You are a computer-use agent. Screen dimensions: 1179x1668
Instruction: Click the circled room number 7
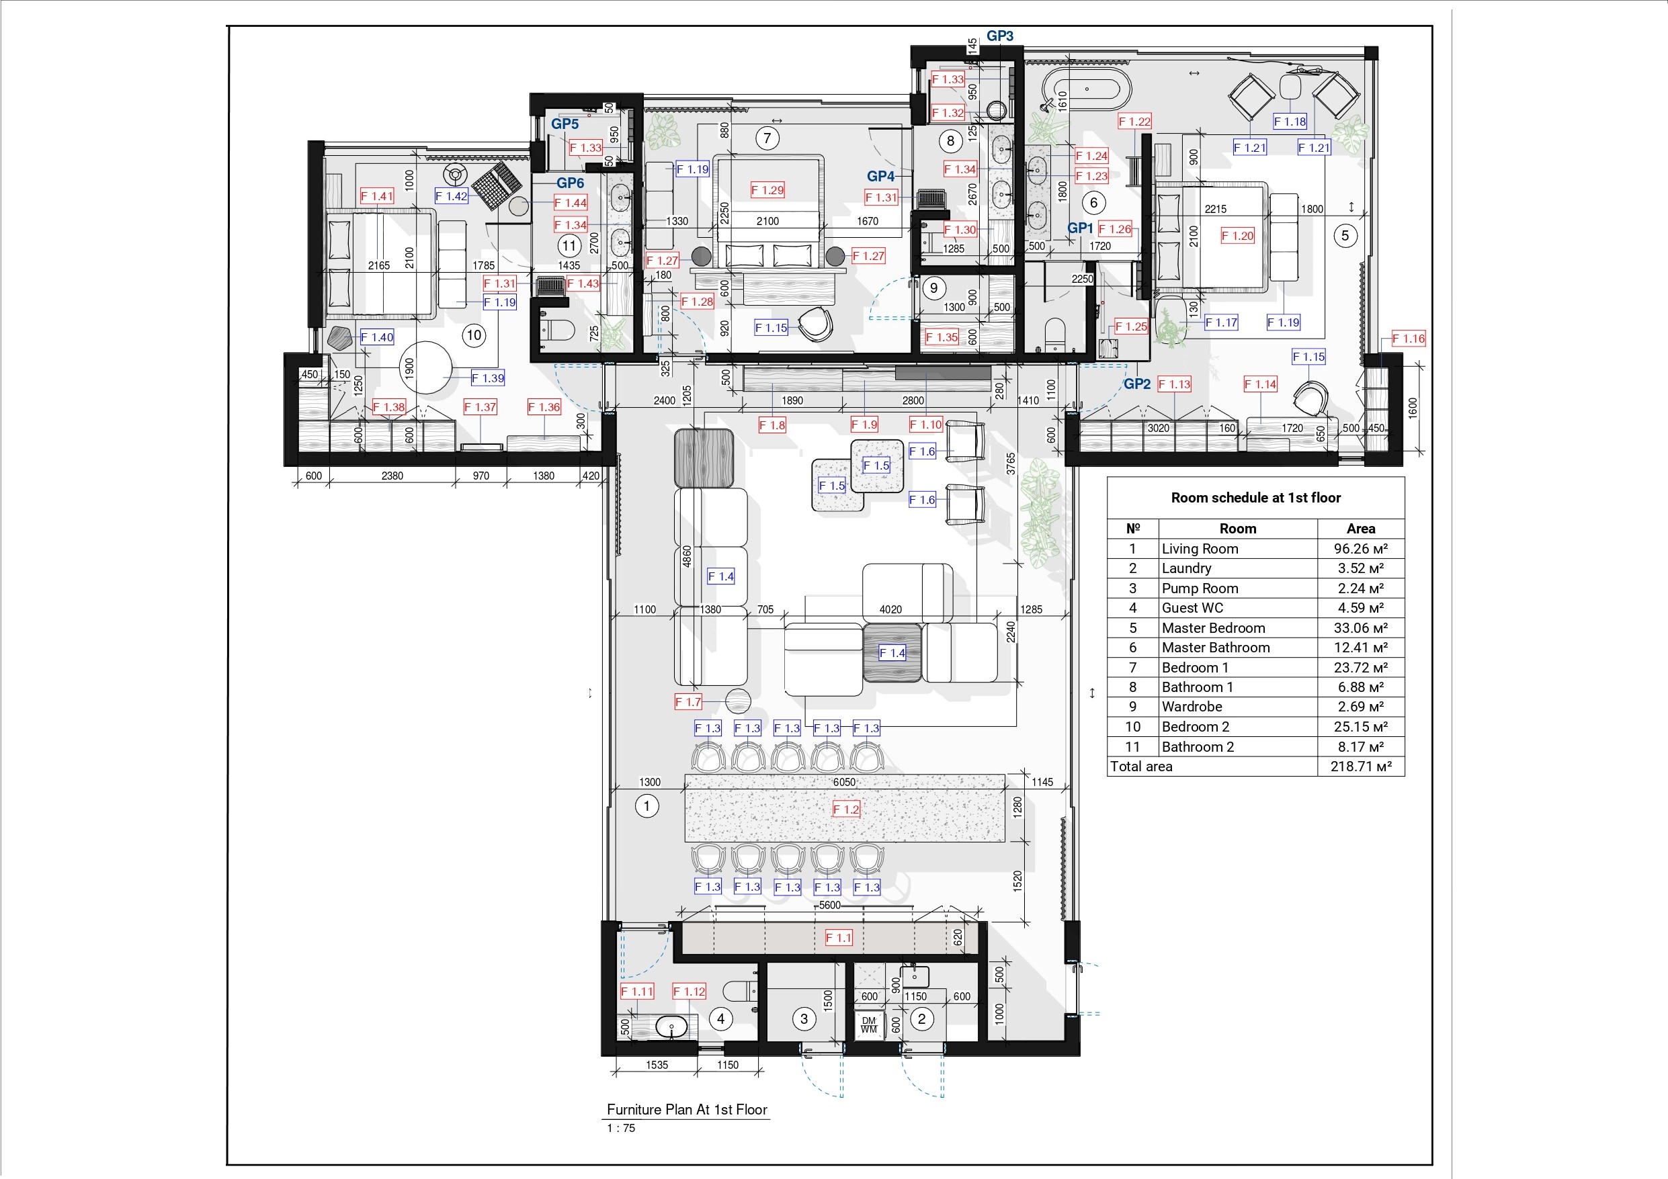[x=767, y=138]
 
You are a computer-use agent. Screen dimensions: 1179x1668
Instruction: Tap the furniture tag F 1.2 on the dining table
[x=845, y=810]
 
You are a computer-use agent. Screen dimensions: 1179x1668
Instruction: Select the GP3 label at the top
[x=999, y=36]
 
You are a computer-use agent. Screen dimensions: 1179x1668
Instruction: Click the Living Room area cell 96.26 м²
[x=1360, y=549]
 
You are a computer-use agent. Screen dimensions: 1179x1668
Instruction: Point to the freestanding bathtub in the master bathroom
[x=1086, y=89]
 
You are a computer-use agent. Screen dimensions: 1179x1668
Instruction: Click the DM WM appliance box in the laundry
[x=869, y=1025]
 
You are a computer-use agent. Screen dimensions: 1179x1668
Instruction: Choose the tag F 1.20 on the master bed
[x=1237, y=235]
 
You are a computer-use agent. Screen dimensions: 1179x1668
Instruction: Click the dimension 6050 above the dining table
[x=844, y=783]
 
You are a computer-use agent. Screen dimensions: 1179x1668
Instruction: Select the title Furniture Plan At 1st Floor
[x=687, y=1109]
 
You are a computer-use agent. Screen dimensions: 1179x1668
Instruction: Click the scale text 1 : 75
[x=621, y=1128]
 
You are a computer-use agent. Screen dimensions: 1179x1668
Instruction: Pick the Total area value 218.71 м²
[x=1360, y=767]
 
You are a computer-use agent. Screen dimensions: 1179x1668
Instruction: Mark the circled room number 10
[x=474, y=335]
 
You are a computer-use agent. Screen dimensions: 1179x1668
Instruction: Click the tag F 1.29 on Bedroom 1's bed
[x=767, y=190]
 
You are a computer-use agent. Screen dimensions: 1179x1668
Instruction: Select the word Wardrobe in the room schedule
[x=1192, y=707]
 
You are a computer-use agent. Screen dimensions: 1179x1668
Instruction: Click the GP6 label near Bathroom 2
[x=571, y=183]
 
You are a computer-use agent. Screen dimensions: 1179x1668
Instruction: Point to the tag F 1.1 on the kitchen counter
[x=838, y=938]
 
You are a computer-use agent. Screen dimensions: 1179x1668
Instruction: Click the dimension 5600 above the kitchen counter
[x=830, y=906]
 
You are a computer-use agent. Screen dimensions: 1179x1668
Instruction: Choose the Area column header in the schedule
[x=1360, y=529]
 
